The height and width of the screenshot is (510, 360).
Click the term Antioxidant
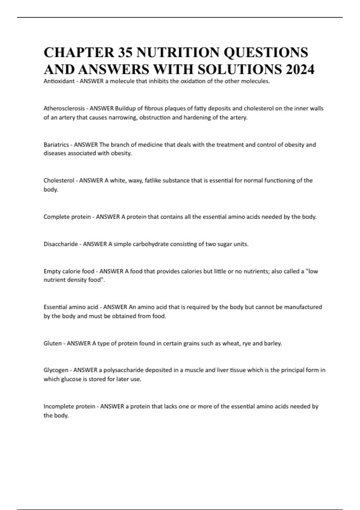59,81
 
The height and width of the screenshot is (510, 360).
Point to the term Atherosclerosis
64,108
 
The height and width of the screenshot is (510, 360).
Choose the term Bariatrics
56,145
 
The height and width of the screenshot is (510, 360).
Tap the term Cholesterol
59,181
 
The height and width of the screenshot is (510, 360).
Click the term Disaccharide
61,244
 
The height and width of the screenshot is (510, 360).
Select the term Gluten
52,343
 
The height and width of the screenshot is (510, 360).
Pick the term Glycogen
56,370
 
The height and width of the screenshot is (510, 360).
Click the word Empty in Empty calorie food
52,271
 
